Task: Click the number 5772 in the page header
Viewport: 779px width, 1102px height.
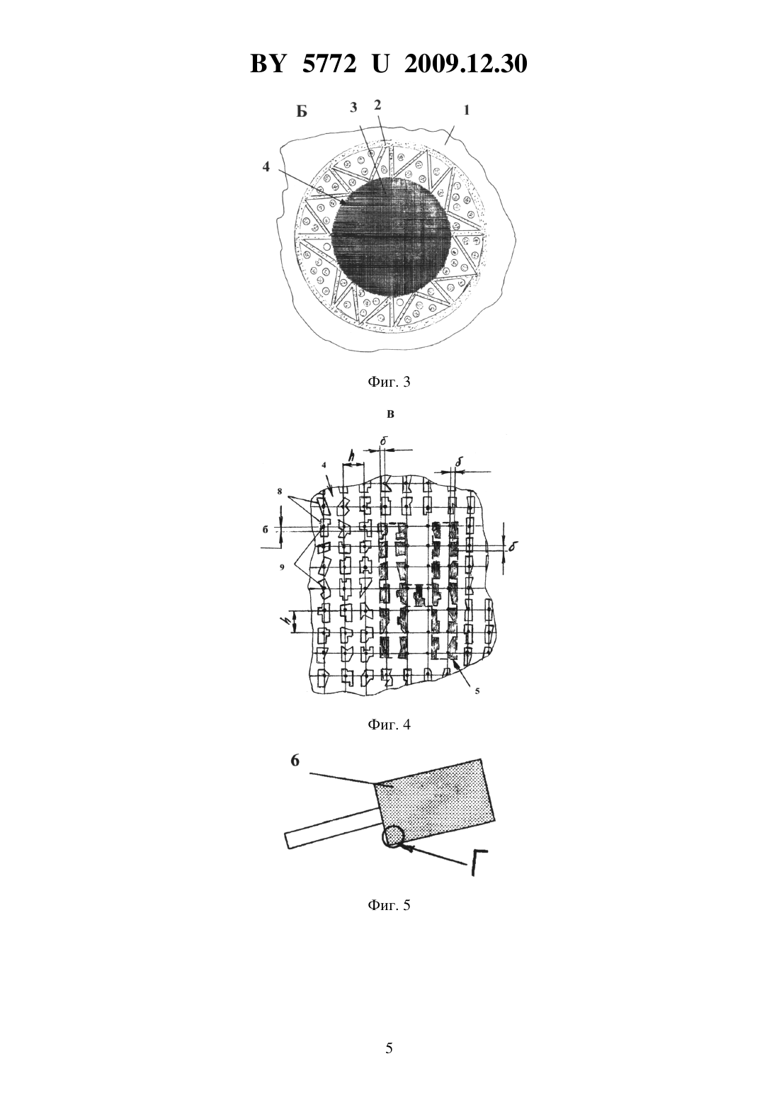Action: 329,64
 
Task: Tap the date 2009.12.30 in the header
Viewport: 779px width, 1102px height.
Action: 466,64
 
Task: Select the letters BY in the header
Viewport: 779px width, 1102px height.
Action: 268,64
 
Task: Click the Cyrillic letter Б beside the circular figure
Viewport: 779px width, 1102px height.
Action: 302,112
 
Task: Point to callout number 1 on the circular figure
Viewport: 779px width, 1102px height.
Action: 466,110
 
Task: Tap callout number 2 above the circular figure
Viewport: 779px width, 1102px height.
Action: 377,105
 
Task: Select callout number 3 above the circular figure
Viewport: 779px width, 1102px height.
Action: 353,108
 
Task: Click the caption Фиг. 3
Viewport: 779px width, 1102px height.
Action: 389,382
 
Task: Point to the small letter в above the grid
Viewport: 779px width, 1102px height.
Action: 390,414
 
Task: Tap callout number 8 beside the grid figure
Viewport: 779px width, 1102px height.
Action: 279,491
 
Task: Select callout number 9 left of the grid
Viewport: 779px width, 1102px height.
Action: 282,567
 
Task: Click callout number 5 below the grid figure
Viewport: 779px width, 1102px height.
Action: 477,691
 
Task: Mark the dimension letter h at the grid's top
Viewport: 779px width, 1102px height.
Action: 352,457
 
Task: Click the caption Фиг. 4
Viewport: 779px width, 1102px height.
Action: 389,725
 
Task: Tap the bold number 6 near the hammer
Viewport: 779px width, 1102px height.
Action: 295,761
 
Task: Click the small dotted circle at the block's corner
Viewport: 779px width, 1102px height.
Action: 392,836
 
